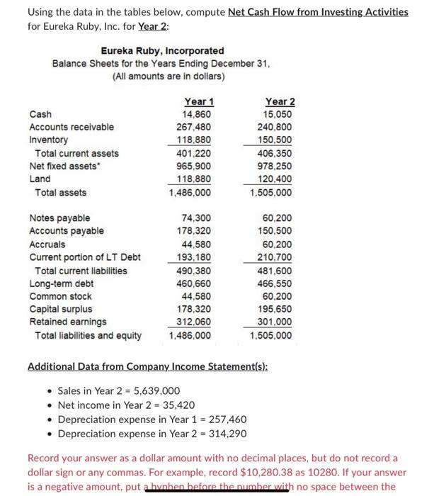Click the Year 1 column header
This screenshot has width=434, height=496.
[199, 101]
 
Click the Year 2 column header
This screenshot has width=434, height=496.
[280, 101]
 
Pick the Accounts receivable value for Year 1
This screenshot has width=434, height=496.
[196, 128]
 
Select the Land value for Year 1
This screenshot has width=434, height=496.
[196, 179]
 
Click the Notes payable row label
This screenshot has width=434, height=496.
[59, 218]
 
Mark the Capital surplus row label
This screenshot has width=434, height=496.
[60, 309]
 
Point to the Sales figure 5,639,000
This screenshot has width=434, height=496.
[154, 390]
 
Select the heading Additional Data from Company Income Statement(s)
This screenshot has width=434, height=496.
[153, 366]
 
